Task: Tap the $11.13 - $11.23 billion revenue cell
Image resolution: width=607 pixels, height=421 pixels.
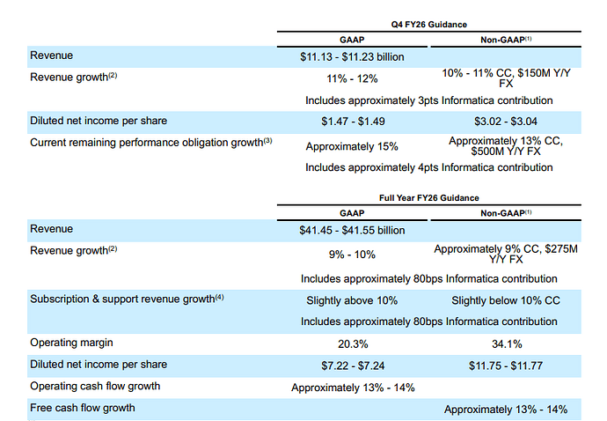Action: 352,56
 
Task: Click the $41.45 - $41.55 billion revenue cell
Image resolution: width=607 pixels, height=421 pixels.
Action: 352,231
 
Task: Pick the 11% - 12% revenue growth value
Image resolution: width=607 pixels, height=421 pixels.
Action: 352,78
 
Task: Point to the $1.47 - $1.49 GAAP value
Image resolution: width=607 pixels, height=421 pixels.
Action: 352,122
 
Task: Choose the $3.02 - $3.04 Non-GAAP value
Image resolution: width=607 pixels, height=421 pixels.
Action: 505,122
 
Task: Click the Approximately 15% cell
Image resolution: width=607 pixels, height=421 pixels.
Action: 352,144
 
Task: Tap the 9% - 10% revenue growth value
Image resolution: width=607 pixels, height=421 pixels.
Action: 352,255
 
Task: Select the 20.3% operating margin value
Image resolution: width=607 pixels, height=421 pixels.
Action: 352,343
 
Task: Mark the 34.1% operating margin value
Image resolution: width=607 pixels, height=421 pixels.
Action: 505,343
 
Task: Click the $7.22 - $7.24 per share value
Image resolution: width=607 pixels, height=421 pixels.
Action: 352,365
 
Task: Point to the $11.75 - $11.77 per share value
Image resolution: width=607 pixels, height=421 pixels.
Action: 505,365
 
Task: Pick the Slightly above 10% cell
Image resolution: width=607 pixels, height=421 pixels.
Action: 352,300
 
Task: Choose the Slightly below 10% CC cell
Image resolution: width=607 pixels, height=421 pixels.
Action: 505,300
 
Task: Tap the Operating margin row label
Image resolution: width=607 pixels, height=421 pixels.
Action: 71,342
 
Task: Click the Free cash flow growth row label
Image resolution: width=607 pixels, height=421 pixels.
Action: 83,408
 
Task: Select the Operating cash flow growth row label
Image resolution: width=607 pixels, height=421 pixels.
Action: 96,386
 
